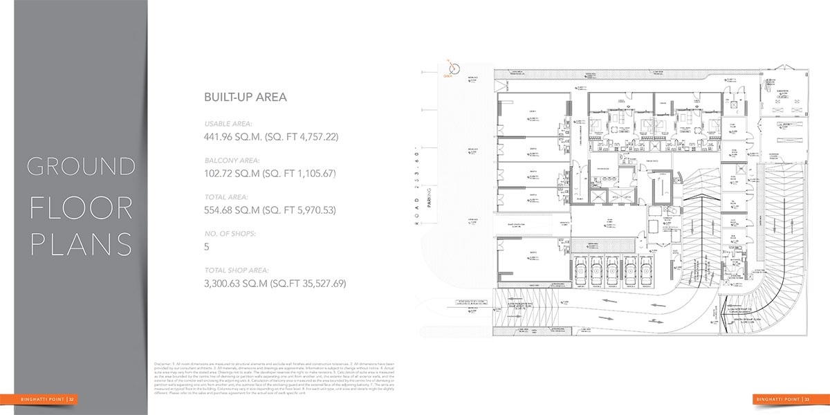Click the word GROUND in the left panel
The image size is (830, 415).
pyautogui.click(x=80, y=167)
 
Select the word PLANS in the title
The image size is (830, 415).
pyautogui.click(x=80, y=244)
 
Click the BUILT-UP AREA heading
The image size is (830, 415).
pyautogui.click(x=246, y=98)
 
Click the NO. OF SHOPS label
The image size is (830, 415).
pyautogui.click(x=230, y=234)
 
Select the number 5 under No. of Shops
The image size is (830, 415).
pyautogui.click(x=207, y=247)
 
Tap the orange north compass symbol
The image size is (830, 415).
pyautogui.click(x=454, y=68)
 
